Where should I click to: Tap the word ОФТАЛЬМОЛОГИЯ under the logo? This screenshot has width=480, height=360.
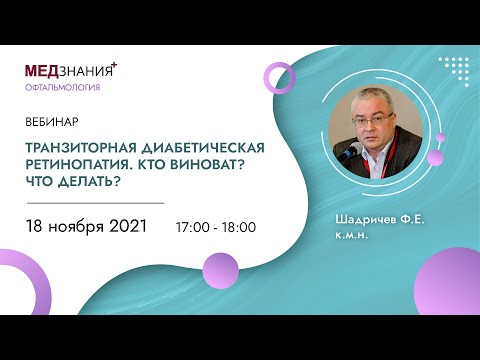(x=62, y=88)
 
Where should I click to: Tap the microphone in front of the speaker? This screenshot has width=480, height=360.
(x=350, y=148)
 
